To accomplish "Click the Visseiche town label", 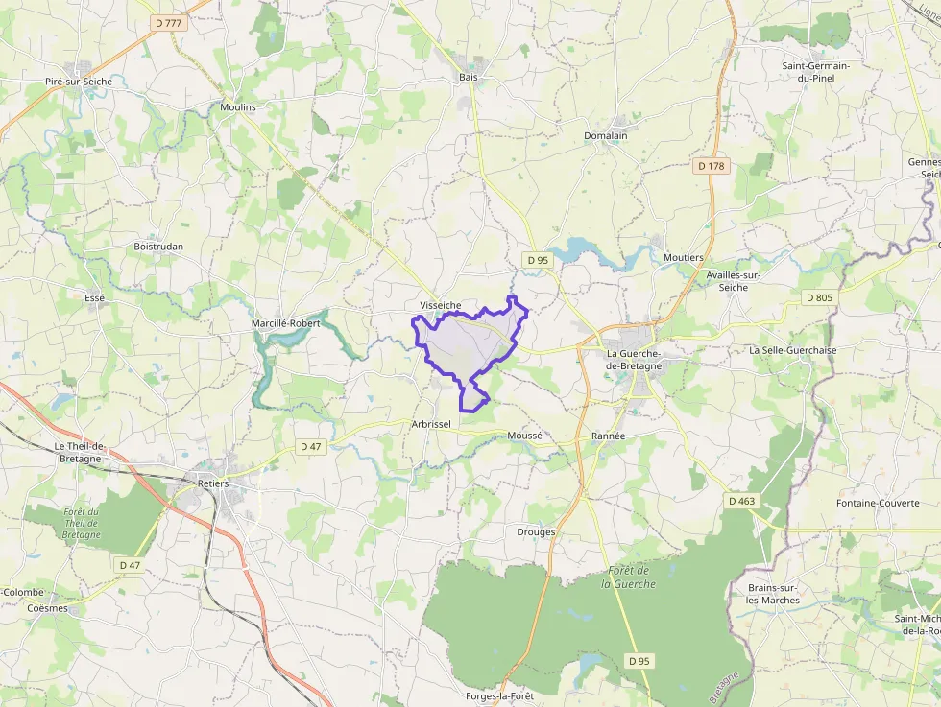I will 440,305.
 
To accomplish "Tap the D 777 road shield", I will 167,22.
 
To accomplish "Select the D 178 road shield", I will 711,166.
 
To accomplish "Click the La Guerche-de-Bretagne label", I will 634,360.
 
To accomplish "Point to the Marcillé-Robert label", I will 285,323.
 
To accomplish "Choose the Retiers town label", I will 213,483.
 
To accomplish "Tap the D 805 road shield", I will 819,297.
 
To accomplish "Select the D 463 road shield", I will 741,501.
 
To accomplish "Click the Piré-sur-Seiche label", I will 79,82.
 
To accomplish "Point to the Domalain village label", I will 605,135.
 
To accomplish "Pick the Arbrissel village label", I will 430,423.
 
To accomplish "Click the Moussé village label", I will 524,436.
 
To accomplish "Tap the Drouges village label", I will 536,531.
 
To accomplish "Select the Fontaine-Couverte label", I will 877,503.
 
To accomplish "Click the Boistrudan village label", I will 158,247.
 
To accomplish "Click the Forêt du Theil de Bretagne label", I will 82,523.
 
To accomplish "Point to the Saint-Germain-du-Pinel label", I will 815,71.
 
